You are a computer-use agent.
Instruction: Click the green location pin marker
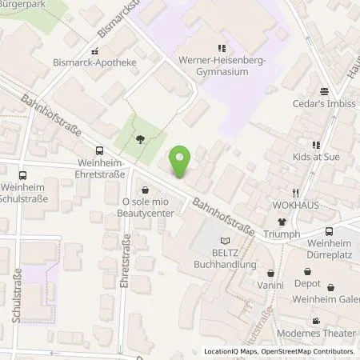coord(182,162)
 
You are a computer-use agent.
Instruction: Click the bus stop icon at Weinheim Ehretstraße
coord(99,150)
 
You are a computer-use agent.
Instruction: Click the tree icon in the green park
coord(140,139)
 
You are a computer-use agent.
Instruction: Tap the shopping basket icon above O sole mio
coord(145,190)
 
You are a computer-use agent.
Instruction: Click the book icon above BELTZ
coord(225,239)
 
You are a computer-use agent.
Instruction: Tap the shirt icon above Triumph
coord(282,222)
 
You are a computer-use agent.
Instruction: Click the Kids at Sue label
coord(316,157)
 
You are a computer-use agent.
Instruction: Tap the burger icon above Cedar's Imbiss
coord(324,91)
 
